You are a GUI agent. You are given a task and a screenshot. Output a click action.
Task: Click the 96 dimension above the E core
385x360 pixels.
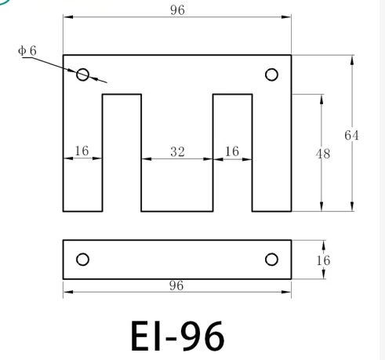click(x=177, y=9)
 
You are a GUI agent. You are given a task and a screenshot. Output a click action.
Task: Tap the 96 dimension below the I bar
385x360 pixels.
click(x=177, y=285)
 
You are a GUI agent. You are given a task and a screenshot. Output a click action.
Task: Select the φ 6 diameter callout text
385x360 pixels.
click(x=27, y=50)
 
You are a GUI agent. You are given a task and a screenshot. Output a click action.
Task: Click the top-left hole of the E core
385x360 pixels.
click(x=82, y=75)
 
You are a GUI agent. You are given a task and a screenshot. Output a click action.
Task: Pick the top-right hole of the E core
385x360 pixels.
click(x=272, y=75)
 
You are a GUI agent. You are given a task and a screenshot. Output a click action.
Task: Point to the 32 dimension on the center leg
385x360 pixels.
click(x=177, y=151)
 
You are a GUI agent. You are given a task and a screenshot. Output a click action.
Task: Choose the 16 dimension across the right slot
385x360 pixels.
click(x=232, y=151)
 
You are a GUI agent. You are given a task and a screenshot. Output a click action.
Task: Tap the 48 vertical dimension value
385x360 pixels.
click(x=322, y=154)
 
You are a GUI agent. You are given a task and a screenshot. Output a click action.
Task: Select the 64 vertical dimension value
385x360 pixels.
click(x=352, y=136)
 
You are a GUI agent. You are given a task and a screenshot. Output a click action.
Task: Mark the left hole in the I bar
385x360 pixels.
click(x=82, y=260)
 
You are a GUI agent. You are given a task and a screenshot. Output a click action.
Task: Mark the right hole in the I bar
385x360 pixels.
click(x=272, y=260)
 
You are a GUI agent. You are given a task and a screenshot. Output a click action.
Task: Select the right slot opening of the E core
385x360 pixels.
click(x=232, y=180)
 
